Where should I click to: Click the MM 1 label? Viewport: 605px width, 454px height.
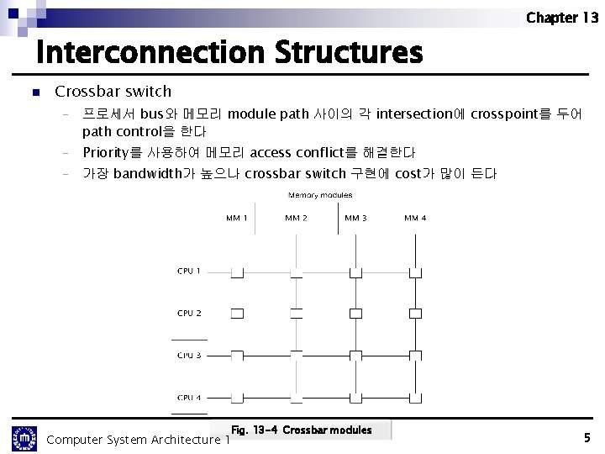(x=236, y=219)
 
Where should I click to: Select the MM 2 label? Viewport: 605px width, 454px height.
(x=296, y=219)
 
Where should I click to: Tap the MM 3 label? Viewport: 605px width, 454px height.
(x=355, y=219)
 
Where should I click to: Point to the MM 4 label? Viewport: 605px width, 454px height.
(x=415, y=219)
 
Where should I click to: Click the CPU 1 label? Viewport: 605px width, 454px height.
(x=189, y=271)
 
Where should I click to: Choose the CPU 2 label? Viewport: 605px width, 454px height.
(x=189, y=313)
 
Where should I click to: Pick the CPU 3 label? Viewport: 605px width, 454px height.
(x=189, y=355)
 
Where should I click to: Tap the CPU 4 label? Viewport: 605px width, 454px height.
(x=189, y=397)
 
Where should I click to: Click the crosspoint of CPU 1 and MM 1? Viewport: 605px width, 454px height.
(x=237, y=272)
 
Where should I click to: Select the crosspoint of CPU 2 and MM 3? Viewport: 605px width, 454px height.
(x=355, y=314)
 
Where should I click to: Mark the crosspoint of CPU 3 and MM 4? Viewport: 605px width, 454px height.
(x=415, y=355)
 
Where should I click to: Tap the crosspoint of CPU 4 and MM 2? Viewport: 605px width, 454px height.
(x=296, y=396)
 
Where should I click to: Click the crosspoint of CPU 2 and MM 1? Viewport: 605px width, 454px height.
(x=237, y=314)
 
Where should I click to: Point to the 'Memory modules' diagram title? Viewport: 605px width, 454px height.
(x=320, y=195)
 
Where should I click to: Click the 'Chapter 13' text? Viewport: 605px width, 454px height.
(x=562, y=18)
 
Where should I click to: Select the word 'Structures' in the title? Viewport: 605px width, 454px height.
(x=347, y=53)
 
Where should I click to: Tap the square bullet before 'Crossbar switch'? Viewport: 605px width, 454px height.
(x=34, y=92)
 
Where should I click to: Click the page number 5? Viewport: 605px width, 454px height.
(x=587, y=437)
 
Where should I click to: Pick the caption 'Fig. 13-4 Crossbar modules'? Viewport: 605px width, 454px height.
(x=301, y=430)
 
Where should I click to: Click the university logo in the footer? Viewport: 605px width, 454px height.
(x=24, y=438)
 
